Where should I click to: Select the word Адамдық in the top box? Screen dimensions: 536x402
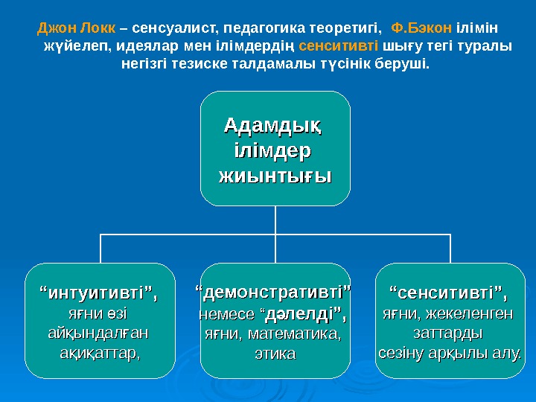coord(274,124)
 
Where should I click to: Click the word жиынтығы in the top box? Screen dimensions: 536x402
coord(275,176)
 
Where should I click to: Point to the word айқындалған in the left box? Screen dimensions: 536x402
coord(98,331)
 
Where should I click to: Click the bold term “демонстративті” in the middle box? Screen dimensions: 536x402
coord(274,289)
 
